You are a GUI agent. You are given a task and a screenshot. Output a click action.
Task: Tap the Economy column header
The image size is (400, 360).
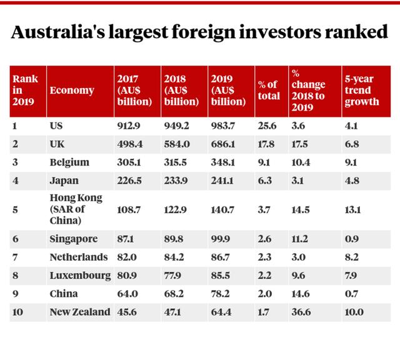tap(72, 91)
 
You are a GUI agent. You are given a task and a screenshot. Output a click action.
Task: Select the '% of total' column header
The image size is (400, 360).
tap(269, 91)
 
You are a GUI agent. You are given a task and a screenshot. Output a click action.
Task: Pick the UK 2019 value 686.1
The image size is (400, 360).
tap(223, 144)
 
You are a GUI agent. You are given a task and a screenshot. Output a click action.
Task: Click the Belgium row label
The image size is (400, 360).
tap(69, 162)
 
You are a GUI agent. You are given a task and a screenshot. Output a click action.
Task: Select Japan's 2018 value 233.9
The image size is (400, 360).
tap(176, 181)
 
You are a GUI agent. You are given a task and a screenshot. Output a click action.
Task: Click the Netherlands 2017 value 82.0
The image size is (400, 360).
tap(127, 257)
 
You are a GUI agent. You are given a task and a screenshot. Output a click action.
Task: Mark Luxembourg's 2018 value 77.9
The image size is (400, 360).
tap(174, 276)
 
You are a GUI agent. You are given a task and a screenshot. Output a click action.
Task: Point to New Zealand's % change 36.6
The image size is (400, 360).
tap(301, 312)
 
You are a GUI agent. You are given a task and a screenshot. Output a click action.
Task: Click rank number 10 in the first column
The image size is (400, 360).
tap(17, 312)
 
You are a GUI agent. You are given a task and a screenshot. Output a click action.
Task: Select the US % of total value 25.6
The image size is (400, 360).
tap(267, 126)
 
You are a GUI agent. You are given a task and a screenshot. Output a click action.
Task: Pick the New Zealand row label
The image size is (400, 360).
tap(79, 312)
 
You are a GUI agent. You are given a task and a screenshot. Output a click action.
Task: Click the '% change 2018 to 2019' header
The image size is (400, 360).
tap(307, 91)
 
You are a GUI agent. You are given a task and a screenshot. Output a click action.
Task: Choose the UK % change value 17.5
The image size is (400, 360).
tap(301, 144)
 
